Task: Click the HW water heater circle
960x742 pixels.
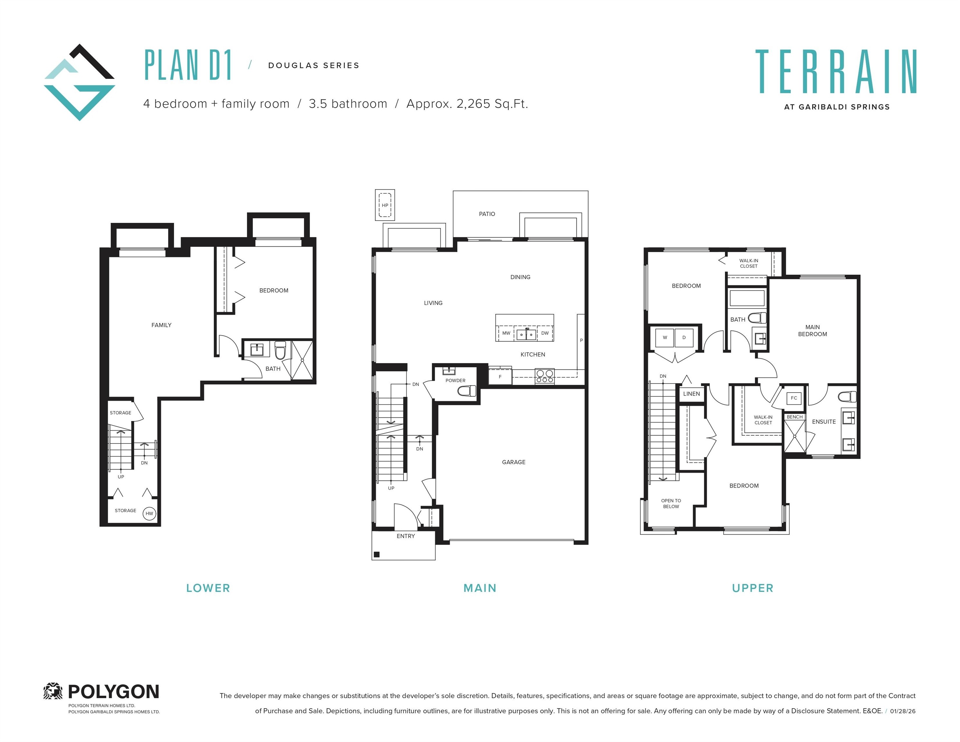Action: pos(149,513)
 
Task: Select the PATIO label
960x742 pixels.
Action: pos(487,214)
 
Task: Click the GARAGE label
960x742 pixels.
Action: pos(513,462)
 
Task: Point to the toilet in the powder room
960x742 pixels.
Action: pos(467,390)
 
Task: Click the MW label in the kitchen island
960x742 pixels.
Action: pos(506,333)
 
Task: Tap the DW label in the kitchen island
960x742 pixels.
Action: pos(545,333)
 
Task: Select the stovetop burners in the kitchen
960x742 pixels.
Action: pos(545,376)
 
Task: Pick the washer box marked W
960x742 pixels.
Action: pos(665,338)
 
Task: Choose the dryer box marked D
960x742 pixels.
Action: pos(684,338)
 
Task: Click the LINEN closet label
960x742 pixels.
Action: pos(691,394)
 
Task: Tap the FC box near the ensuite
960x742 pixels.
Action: pos(794,398)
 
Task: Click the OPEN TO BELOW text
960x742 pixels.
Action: pos(671,503)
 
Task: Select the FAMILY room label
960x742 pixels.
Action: pos(161,325)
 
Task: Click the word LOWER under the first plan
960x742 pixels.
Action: pos(208,588)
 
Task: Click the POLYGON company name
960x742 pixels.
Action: pos(113,692)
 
